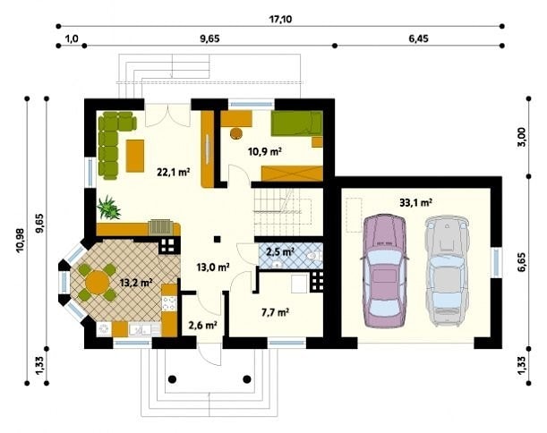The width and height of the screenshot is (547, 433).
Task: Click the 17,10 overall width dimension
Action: (280, 19)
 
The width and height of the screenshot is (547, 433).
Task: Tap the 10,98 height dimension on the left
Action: (20, 240)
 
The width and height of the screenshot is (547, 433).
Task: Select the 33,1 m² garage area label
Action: (415, 202)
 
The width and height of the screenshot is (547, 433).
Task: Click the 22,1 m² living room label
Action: (174, 172)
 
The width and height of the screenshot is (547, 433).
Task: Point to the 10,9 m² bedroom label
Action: (265, 152)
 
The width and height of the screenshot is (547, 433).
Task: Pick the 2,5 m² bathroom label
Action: (280, 251)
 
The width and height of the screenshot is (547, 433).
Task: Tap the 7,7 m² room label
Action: (275, 312)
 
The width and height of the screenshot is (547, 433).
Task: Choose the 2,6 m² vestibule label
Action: (203, 325)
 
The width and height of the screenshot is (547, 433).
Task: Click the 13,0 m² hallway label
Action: (213, 267)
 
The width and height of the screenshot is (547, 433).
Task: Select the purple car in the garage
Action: (384, 271)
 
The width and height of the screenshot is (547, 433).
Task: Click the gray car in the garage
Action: (447, 271)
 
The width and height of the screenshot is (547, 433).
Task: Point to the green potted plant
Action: (109, 208)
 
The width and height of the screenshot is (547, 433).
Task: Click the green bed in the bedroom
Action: (297, 123)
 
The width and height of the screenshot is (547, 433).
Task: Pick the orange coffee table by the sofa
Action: (135, 156)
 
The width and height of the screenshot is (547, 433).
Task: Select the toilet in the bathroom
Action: (314, 256)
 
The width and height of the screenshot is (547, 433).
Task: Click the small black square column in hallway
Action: (218, 239)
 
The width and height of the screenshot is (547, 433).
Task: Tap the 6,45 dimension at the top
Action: (418, 38)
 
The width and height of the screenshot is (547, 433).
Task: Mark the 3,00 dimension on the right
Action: (521, 138)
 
